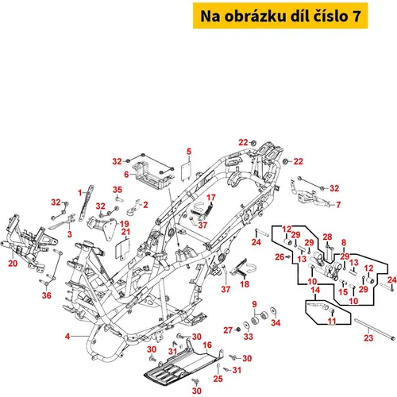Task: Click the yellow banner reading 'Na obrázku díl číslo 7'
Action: (x=280, y=16)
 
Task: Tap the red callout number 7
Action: (x=338, y=205)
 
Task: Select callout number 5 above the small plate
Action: (x=189, y=152)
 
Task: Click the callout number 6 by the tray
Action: (x=126, y=175)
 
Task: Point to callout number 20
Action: (x=13, y=264)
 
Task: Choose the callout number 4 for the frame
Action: (x=67, y=336)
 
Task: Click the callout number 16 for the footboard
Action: (x=207, y=345)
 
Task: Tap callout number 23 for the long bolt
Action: (x=368, y=337)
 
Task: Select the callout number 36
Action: (x=47, y=295)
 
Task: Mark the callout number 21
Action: (x=125, y=232)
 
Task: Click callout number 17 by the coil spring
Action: (x=211, y=198)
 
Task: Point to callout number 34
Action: (x=276, y=322)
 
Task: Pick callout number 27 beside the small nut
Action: (x=228, y=330)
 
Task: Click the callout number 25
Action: (x=218, y=379)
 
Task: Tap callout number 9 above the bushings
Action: (x=254, y=304)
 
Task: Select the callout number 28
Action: (x=327, y=237)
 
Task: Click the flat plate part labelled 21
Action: (x=122, y=249)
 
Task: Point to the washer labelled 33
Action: (x=246, y=325)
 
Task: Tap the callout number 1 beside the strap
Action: (x=80, y=193)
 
